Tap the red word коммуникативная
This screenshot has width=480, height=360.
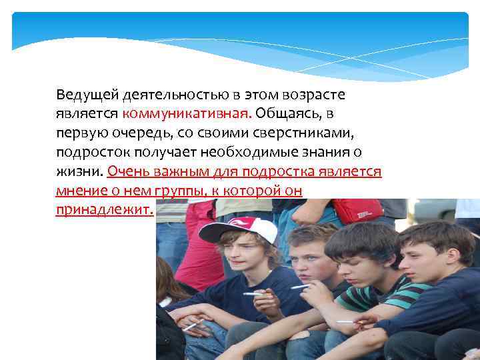point(178,114)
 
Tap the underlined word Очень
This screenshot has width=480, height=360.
point(127,172)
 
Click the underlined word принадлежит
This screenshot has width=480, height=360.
point(105,211)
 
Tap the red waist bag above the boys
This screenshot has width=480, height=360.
point(357,211)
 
